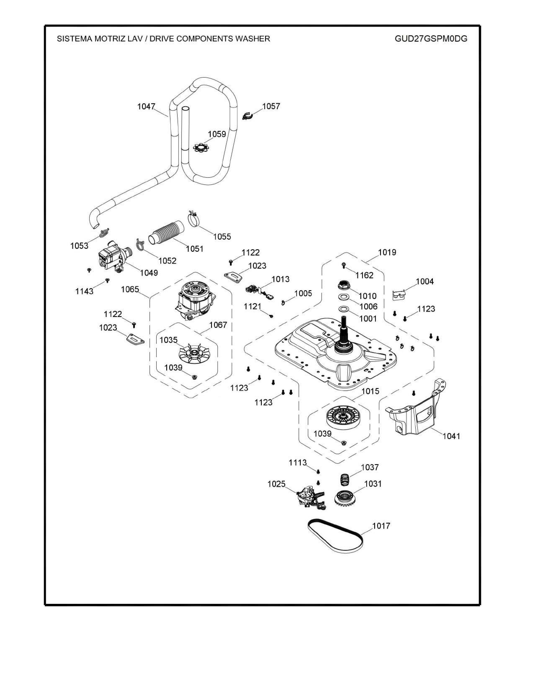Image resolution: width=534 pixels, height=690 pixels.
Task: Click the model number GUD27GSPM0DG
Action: coord(431,39)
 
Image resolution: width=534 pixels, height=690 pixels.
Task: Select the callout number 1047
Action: coord(146,106)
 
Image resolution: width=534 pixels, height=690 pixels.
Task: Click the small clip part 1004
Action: coord(399,295)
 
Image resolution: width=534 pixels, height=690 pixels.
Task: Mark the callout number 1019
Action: coord(387,252)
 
